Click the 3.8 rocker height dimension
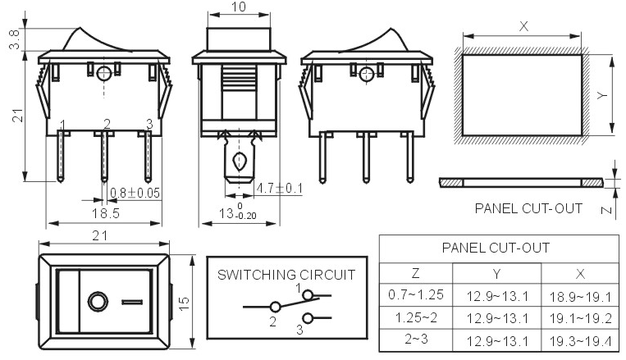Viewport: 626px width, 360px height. tap(15, 39)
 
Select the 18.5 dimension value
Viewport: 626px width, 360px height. tap(105, 213)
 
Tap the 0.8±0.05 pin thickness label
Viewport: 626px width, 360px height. tap(135, 194)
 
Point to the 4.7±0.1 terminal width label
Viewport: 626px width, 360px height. tap(279, 189)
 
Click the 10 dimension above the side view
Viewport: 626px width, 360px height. tap(239, 7)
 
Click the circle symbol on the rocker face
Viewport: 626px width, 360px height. tap(98, 302)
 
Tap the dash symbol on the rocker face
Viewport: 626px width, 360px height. tap(132, 302)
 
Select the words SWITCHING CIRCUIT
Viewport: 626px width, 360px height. tap(286, 275)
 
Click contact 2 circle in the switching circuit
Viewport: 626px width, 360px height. tap(275, 307)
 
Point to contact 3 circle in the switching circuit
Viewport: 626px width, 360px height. tap(308, 318)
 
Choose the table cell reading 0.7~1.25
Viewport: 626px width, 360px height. tap(416, 294)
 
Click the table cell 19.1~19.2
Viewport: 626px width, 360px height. tap(580, 318)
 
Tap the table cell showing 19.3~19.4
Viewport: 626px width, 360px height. tap(580, 341)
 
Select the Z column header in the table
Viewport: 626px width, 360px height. tap(416, 273)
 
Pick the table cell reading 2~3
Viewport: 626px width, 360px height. tap(416, 339)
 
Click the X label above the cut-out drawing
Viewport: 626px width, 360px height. tap(523, 27)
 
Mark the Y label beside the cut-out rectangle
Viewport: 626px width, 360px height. tap(602, 95)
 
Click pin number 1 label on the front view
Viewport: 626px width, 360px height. tap(62, 124)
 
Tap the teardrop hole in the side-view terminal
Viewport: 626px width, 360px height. tap(239, 162)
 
